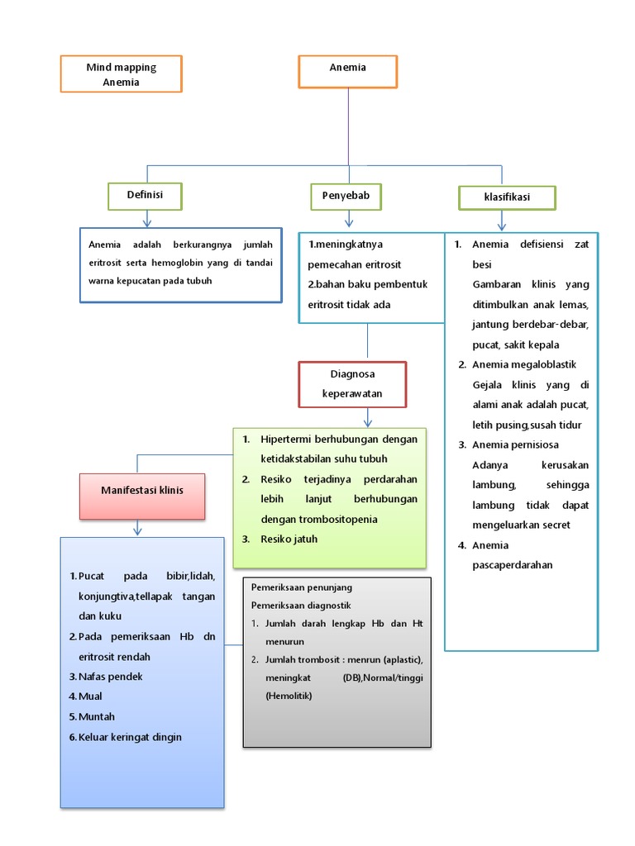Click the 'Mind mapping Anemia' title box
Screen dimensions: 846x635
[x=122, y=74]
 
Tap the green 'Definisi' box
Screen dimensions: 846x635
[x=145, y=196]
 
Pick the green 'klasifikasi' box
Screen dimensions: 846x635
[x=507, y=197]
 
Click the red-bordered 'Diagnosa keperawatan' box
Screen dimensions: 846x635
[x=352, y=384]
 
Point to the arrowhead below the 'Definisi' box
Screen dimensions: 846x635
[x=147, y=221]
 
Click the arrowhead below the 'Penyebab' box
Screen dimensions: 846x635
[x=349, y=221]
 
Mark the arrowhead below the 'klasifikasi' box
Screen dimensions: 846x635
[x=501, y=225]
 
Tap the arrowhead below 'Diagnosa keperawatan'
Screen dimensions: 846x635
[x=368, y=421]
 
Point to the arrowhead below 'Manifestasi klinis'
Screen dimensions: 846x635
[x=137, y=530]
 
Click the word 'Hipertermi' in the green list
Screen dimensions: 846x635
[x=285, y=439]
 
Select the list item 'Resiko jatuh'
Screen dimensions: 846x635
[x=289, y=539]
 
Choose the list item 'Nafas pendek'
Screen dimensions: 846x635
[x=111, y=677]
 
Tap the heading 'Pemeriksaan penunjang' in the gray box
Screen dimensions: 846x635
[x=302, y=587]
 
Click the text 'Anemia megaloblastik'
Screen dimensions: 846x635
[x=524, y=364]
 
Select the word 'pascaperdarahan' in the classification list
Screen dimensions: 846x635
[x=512, y=565]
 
